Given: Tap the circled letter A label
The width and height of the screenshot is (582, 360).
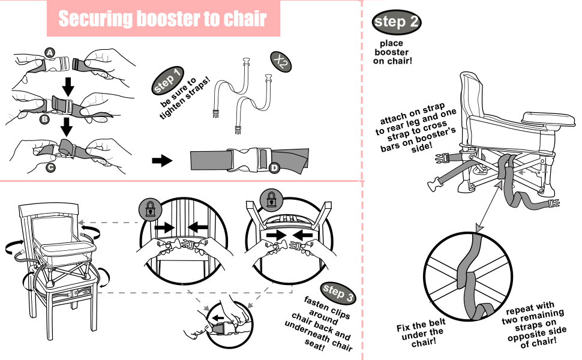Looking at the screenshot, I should click(50, 53).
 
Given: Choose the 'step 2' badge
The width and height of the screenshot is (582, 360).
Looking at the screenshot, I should click(397, 23).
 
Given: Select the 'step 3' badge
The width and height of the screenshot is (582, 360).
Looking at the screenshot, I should click(338, 292).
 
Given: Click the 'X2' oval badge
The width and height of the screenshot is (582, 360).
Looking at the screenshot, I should click(278, 61).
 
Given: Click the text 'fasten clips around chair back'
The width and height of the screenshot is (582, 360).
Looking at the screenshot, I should click(318, 322).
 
